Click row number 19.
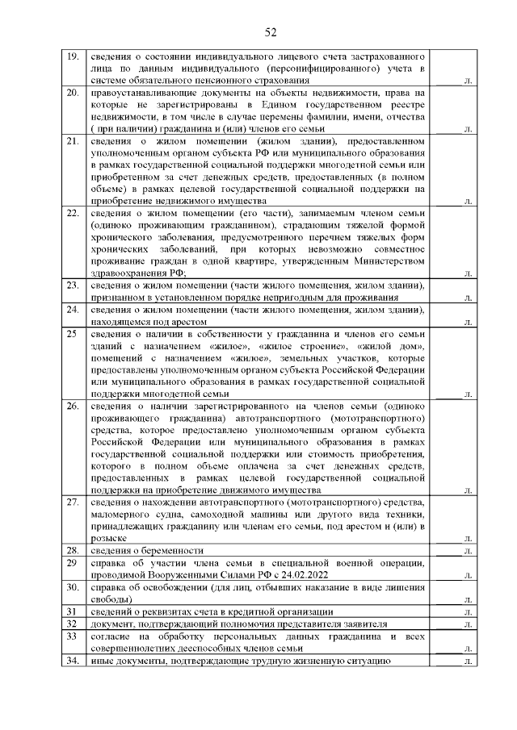(71, 56)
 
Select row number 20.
(71, 94)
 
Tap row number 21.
(71, 143)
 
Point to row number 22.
(71, 213)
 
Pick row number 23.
(71, 286)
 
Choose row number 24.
(71, 309)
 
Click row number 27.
(71, 503)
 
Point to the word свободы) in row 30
(109, 600)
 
